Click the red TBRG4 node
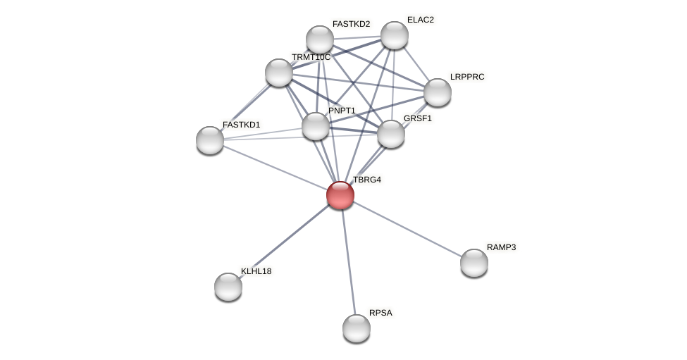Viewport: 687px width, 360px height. pos(340,195)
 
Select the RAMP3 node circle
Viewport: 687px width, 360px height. pos(474,263)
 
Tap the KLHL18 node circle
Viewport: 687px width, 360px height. pos(228,287)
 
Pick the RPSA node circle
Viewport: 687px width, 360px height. pos(357,328)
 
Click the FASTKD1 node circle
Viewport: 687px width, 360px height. pos(210,140)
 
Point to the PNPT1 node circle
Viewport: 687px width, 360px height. pos(316,126)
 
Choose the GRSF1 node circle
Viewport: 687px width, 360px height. pos(391,134)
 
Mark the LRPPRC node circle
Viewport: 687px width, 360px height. pos(438,92)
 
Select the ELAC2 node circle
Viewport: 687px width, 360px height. pos(395,35)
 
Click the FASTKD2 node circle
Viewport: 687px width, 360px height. pos(320,39)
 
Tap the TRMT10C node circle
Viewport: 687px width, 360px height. pos(279,73)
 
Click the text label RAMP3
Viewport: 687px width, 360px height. pos(501,247)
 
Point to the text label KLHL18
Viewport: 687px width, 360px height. pos(256,271)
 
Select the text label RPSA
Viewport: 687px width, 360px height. pos(380,313)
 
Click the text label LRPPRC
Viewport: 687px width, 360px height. pos(467,77)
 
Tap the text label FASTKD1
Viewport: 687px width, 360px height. pos(241,125)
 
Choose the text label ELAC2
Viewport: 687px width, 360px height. pos(421,20)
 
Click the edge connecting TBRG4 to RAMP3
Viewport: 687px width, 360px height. pos(407,229)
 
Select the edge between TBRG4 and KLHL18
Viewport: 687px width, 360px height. pos(284,241)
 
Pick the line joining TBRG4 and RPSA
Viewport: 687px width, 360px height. pos(348,261)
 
